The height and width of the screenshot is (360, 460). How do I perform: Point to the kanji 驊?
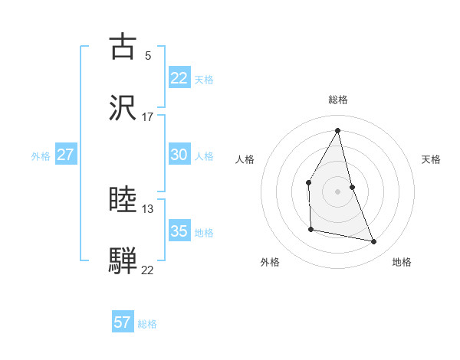click(123, 260)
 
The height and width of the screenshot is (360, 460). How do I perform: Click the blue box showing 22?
click(179, 78)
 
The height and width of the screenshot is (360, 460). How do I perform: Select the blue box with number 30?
click(179, 155)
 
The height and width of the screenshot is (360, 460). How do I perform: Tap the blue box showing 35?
click(179, 231)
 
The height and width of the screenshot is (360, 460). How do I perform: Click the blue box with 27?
click(65, 155)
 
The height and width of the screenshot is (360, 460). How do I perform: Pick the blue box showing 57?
click(123, 322)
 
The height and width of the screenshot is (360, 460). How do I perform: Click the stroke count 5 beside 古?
click(148, 55)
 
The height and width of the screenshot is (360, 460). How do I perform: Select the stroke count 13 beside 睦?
click(148, 209)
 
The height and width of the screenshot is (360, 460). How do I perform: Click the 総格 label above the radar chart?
click(338, 100)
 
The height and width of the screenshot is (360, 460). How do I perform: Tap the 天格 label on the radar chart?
click(431, 159)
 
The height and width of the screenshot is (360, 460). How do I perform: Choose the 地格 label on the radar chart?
click(402, 262)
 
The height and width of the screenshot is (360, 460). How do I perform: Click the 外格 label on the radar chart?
click(270, 262)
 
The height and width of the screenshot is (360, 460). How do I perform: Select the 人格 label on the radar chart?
click(245, 159)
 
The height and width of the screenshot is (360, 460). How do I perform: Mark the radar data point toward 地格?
click(374, 242)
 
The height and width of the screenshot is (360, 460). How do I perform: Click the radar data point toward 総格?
click(338, 130)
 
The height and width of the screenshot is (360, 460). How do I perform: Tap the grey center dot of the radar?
click(338, 191)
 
